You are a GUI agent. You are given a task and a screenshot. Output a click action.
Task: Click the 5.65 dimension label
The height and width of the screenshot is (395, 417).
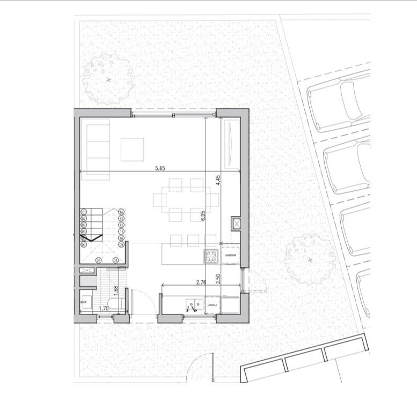(159, 168)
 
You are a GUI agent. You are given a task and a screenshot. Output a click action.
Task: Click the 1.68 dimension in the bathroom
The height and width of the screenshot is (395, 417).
(116, 290)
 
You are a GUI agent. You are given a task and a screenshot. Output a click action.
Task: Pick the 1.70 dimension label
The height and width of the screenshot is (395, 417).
(106, 308)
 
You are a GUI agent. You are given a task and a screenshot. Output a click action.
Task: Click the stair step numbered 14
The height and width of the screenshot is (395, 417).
(121, 212)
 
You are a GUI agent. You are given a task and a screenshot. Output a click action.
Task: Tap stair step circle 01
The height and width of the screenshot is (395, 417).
(84, 212)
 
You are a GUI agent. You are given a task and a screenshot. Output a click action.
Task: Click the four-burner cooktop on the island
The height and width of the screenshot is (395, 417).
(210, 256)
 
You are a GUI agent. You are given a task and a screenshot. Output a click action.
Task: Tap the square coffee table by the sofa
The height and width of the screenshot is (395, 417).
(132, 150)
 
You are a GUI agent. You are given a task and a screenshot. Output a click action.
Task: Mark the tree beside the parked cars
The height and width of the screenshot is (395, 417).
(310, 259)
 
